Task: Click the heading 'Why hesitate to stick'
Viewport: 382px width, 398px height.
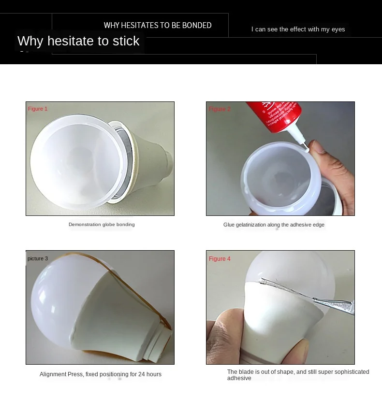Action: click(78, 41)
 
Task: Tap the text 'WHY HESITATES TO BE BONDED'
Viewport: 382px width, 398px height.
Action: click(158, 25)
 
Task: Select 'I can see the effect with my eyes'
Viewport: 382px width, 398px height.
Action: click(298, 29)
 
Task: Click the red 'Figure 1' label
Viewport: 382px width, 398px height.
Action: click(38, 109)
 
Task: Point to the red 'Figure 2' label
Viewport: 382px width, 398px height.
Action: click(220, 109)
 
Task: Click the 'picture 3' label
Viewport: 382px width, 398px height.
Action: click(38, 258)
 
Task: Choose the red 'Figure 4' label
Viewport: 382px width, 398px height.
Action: click(220, 259)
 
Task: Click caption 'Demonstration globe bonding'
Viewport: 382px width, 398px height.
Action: click(102, 225)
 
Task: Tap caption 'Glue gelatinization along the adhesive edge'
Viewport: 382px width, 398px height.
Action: click(274, 225)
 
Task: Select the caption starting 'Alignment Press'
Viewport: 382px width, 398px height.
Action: click(101, 374)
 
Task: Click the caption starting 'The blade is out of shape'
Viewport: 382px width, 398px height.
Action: click(298, 375)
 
